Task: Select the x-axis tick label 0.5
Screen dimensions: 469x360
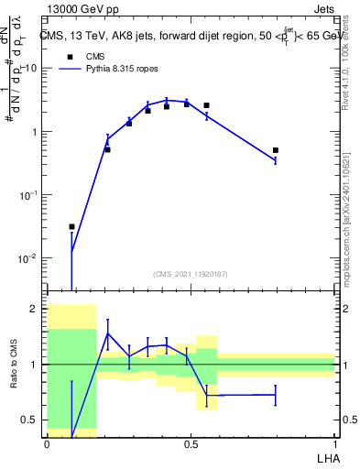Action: coord(191,442)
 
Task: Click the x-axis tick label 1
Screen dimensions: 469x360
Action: coord(334,442)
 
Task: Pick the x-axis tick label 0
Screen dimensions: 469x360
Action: coord(47,442)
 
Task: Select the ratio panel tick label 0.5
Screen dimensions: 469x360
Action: coord(33,420)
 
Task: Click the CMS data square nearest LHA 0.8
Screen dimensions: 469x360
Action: coord(276,150)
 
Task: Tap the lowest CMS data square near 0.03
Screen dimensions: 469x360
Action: coord(72,226)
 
